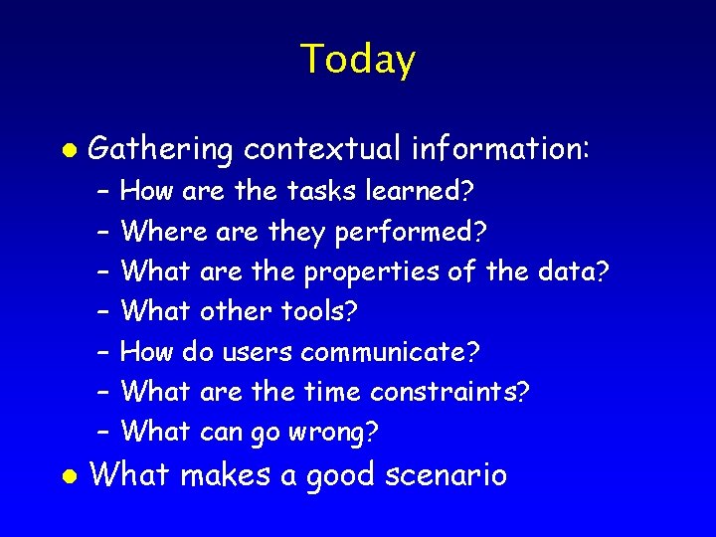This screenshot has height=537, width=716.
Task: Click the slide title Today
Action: (357, 60)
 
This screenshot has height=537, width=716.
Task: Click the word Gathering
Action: (160, 151)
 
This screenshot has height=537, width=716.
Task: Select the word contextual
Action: (322, 149)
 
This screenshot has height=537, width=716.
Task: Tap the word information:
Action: (501, 149)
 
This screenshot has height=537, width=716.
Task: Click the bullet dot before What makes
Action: (68, 475)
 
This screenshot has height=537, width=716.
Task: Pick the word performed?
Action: (411, 233)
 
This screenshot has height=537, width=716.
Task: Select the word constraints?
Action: (449, 393)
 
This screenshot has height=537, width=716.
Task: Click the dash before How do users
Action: (102, 353)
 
